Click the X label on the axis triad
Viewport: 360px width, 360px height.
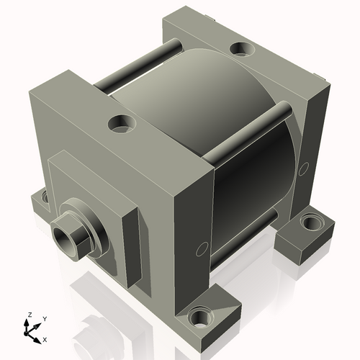tap(45, 338)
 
